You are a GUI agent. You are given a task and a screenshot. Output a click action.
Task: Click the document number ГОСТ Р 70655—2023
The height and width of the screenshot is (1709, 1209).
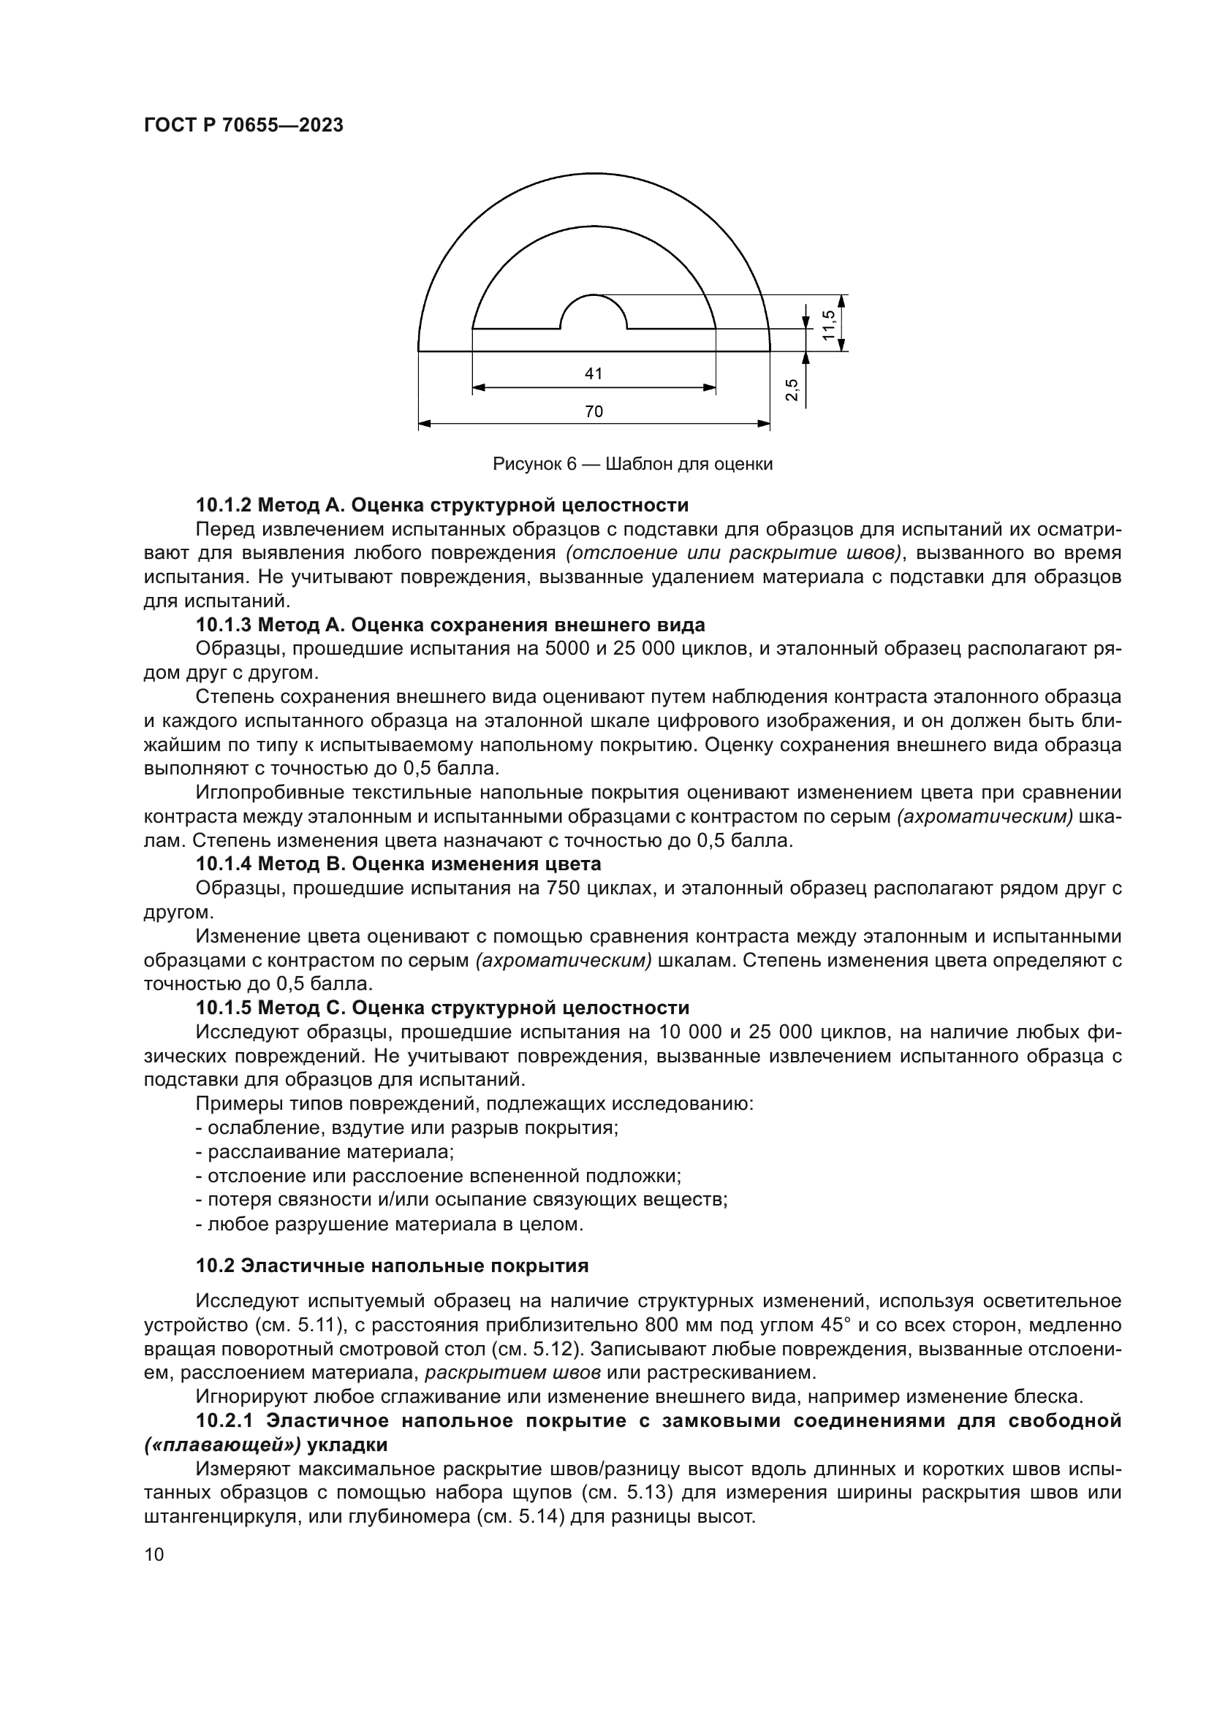click(243, 125)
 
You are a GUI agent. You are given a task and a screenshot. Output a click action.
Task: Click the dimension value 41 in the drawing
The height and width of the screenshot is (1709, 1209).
click(594, 373)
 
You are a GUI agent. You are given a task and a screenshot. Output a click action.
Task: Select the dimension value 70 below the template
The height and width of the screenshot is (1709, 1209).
click(594, 411)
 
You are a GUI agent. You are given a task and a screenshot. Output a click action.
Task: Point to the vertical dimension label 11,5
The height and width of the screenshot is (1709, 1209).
click(830, 324)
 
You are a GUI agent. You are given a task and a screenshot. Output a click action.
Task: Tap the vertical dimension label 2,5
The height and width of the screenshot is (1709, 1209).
click(792, 389)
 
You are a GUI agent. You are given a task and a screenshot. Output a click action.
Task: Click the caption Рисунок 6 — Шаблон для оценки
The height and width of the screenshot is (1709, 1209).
click(633, 465)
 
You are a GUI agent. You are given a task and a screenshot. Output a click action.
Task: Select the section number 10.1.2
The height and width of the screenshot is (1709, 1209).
click(224, 506)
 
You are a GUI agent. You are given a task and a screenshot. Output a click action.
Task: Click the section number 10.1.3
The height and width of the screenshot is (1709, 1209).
click(224, 625)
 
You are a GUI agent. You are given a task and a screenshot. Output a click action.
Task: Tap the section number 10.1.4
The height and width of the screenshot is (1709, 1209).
click(224, 864)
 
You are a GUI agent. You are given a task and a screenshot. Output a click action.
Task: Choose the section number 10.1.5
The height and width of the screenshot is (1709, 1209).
click(224, 1008)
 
